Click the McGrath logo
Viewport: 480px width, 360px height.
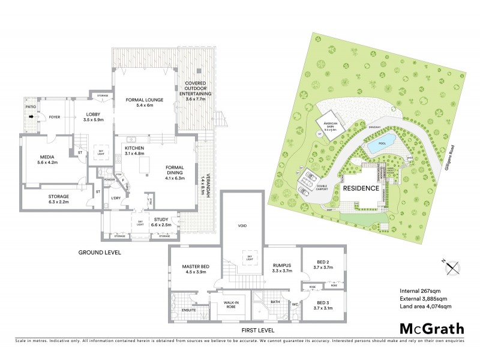tap(431, 328)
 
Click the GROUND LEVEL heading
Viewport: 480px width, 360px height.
tap(100, 253)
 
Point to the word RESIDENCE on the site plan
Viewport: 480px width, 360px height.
tap(361, 188)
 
